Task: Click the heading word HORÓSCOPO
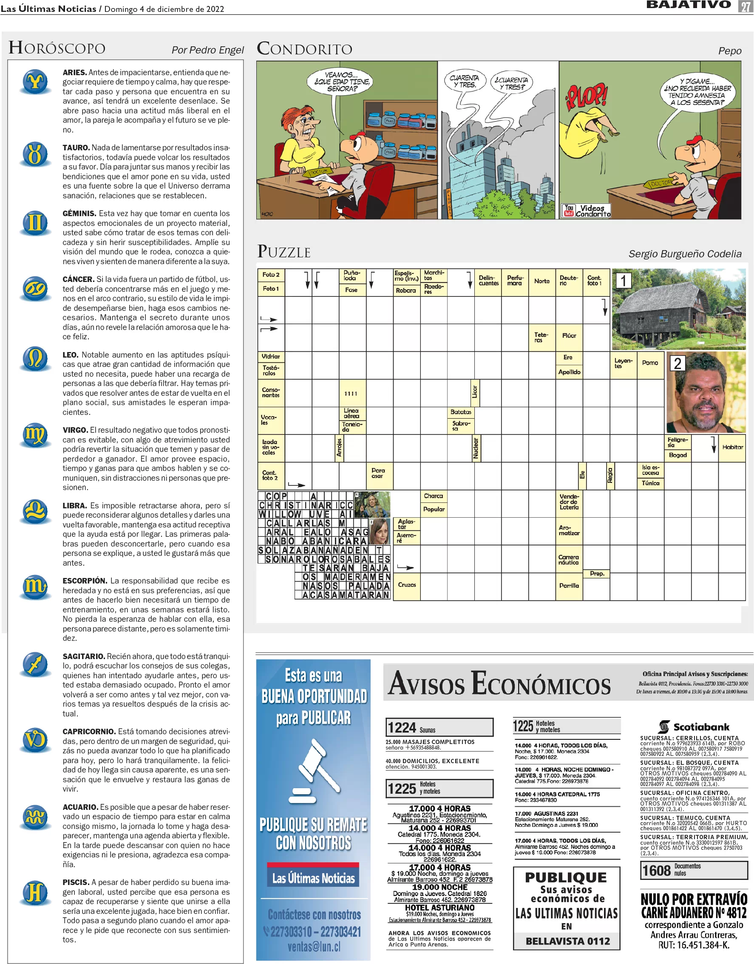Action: [57, 48]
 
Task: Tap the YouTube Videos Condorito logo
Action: [586, 211]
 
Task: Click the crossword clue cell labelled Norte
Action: [542, 281]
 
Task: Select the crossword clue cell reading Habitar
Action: [732, 447]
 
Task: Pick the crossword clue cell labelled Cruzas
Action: [406, 585]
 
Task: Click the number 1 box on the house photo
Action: [623, 280]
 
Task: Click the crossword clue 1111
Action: [351, 393]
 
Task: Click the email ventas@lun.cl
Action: [314, 946]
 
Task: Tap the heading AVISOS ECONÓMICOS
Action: [499, 683]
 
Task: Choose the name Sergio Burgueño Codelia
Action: [685, 254]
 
